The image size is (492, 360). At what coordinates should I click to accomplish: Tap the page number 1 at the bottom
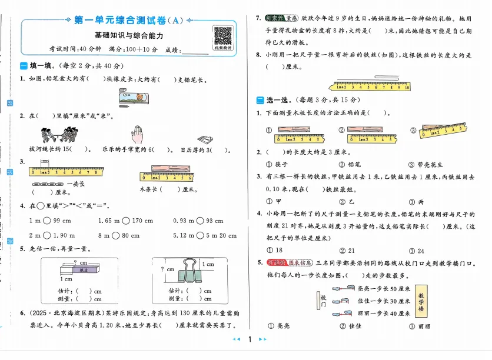250,339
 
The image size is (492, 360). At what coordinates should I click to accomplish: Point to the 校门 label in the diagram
323,301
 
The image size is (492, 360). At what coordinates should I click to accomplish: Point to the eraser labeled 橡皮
84,269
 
